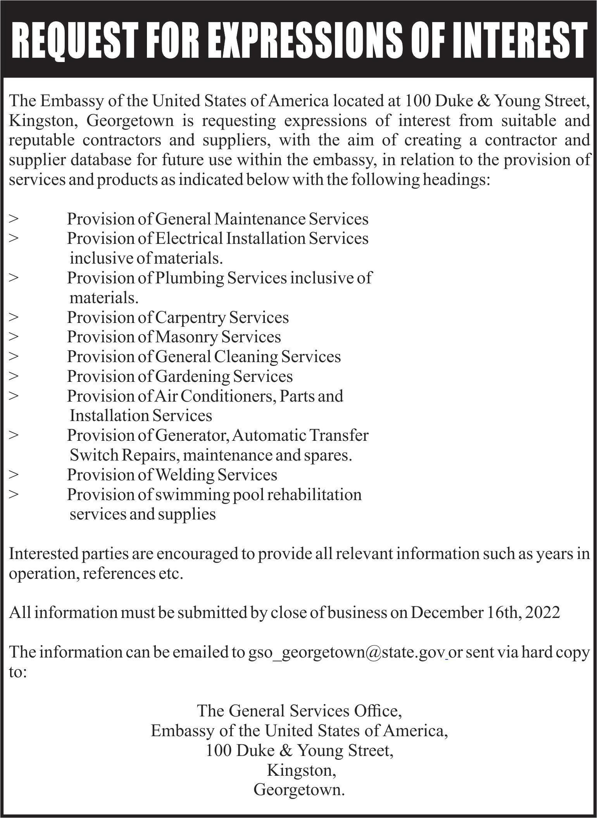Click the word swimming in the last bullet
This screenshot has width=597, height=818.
click(x=188, y=495)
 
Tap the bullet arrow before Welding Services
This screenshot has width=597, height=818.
click(x=14, y=475)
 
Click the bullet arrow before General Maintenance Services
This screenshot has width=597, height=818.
click(x=14, y=219)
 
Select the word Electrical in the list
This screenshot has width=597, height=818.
click(x=189, y=238)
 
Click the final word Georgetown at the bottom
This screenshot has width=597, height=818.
click(x=299, y=790)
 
